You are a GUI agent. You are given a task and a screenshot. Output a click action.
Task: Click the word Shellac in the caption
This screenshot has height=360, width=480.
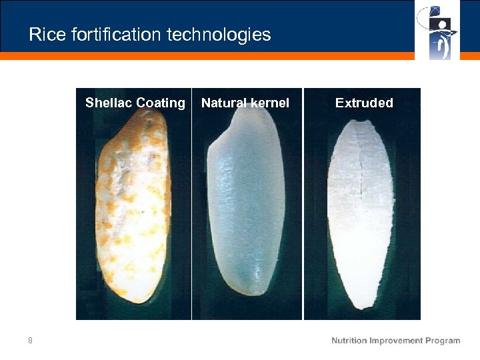tap(109, 103)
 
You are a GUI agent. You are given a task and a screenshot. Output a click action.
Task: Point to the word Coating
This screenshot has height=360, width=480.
tap(160, 103)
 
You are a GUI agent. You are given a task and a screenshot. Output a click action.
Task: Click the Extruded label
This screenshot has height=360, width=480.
tap(364, 103)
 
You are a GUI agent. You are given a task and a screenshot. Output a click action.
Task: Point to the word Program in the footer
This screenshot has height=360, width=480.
tap(443, 341)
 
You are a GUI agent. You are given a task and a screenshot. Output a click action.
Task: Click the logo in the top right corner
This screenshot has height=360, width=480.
tap(437, 30)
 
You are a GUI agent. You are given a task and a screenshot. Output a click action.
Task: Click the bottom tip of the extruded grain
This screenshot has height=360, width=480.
tap(363, 307)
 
